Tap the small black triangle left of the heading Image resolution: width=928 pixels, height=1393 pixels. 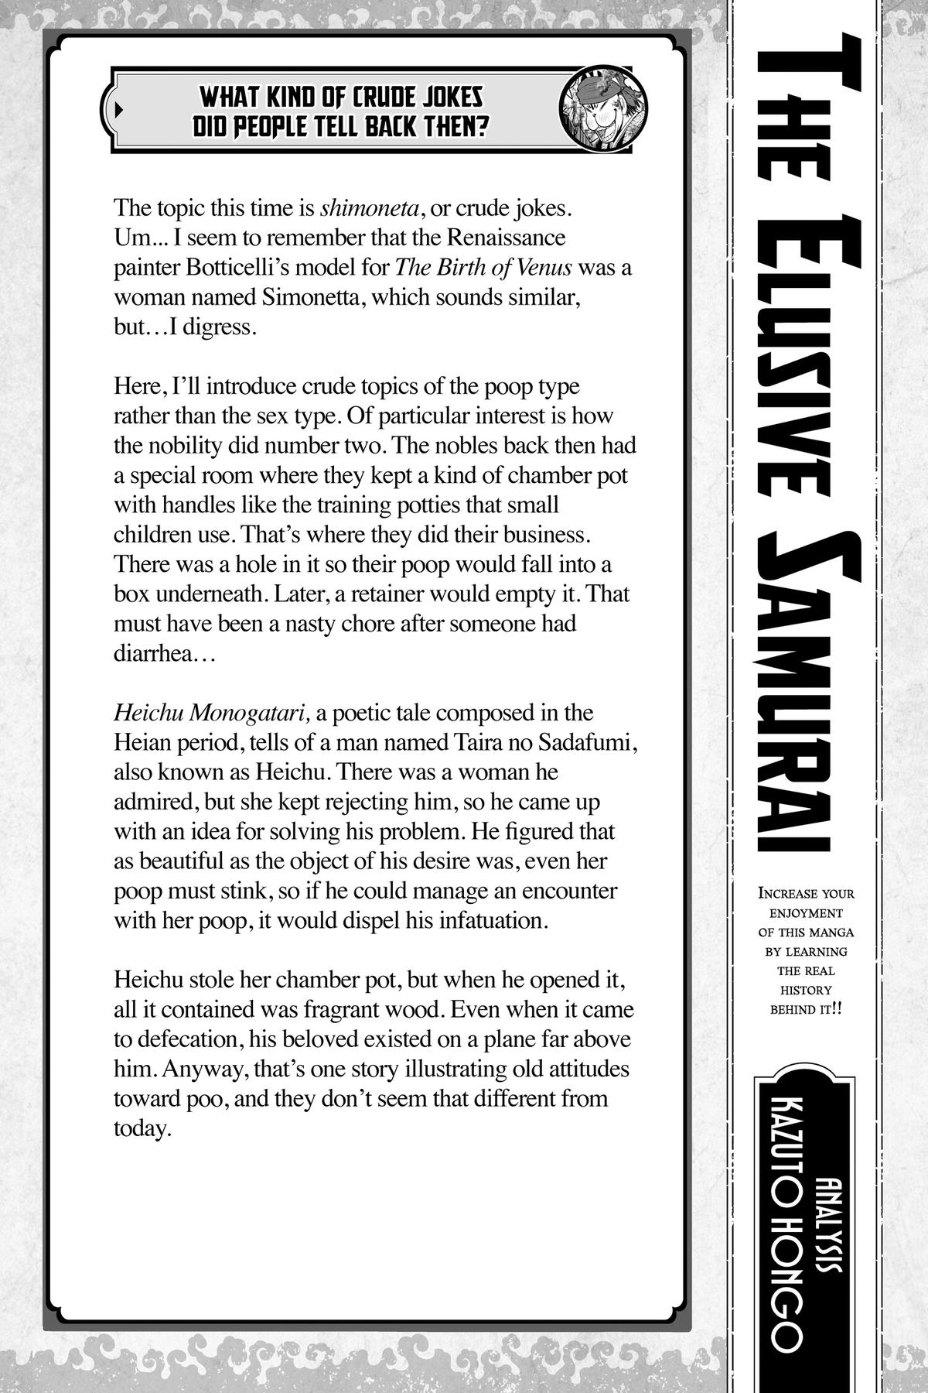118,109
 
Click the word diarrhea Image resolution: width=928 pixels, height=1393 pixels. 153,653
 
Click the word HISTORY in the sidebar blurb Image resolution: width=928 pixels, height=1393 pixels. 807,990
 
